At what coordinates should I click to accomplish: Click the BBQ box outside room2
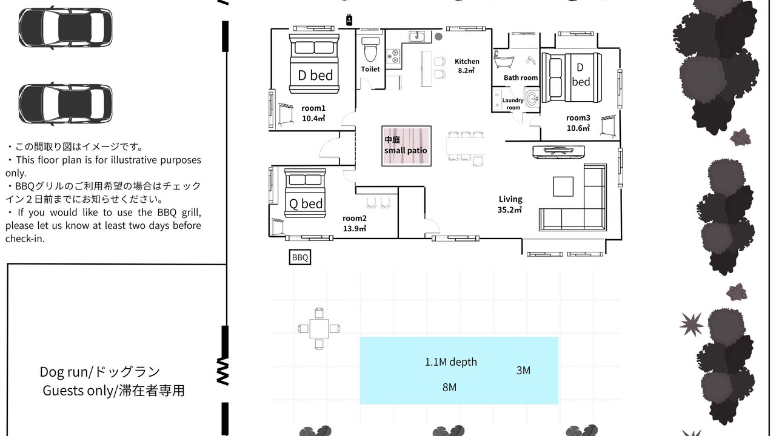pos(300,257)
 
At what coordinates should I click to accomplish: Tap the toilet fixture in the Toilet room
pos(370,50)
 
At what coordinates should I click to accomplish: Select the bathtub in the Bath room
pos(504,59)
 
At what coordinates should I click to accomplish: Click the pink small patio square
pos(406,146)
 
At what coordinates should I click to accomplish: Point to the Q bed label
pos(306,203)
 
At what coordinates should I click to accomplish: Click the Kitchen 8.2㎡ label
pos(467,66)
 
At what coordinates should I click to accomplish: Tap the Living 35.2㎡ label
pos(510,204)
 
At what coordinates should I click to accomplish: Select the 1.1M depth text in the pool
pos(450,362)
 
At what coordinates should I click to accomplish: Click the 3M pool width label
pos(523,371)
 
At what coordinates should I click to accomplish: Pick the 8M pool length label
pos(449,387)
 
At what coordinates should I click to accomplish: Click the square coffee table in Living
pos(563,187)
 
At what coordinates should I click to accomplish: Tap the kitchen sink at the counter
pos(416,36)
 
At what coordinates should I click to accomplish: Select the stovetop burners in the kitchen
pos(393,57)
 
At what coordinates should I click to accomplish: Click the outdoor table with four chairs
pos(319,328)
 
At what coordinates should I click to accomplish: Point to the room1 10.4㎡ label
pos(313,113)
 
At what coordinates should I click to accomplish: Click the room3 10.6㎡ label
pos(578,123)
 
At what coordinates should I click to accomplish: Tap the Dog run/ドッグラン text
pos(100,372)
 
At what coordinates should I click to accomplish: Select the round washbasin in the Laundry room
pos(532,98)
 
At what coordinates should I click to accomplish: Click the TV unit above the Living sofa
pos(558,152)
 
